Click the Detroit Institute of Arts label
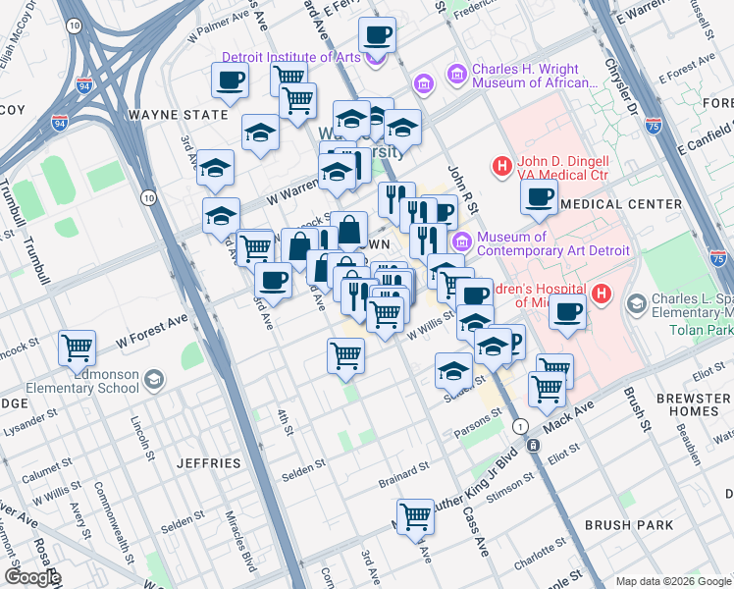pos(291,57)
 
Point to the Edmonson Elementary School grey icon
pos(152,379)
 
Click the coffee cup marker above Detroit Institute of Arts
pos(376,36)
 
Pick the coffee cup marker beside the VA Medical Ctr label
pos(538,197)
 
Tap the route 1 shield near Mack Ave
pos(520,425)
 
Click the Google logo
pos(32,577)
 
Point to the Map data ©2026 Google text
pos(673,580)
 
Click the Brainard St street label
pos(404,482)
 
